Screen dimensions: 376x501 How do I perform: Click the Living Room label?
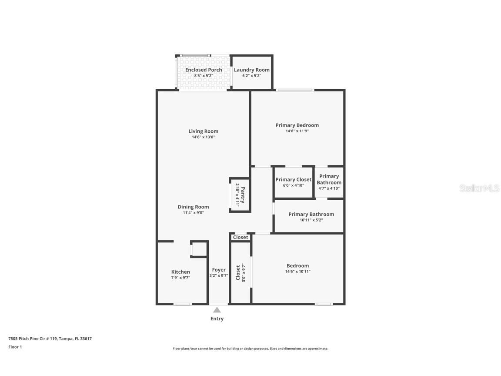203,131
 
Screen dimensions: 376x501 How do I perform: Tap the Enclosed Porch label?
204,70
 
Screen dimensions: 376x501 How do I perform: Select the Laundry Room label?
251,70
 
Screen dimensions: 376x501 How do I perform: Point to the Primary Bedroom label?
297,125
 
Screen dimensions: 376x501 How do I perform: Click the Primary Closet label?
293,180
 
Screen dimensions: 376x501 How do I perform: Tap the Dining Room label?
193,207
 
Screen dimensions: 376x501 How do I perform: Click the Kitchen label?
180,272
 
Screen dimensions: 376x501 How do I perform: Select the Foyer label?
219,270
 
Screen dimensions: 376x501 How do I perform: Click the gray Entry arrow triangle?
217,310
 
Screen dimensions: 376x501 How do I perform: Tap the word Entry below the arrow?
217,319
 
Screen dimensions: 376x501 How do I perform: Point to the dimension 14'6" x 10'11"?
298,272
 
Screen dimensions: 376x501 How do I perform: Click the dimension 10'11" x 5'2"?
311,220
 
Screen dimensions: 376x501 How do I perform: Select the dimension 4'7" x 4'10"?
329,188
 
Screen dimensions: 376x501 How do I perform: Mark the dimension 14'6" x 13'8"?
203,137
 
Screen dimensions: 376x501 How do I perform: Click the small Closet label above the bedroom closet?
240,237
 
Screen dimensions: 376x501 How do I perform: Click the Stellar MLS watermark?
480,188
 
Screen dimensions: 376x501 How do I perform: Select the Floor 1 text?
15,347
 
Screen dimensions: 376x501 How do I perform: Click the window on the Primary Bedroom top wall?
294,90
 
